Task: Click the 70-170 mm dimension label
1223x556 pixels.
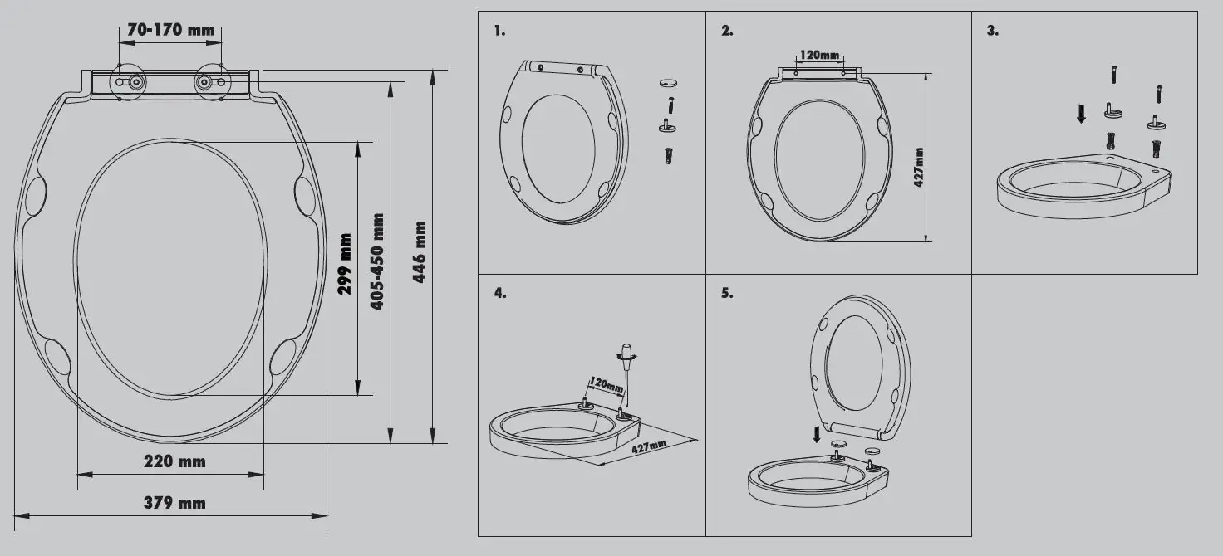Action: [x=170, y=30]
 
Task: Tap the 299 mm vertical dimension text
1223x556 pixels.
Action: [x=345, y=265]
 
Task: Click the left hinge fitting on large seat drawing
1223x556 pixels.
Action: [x=131, y=82]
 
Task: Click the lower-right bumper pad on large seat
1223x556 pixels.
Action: [x=282, y=356]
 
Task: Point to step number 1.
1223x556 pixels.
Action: [x=499, y=31]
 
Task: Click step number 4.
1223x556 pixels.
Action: [x=499, y=293]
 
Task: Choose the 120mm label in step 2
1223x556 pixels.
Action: [x=819, y=56]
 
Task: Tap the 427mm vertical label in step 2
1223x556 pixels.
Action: [x=919, y=167]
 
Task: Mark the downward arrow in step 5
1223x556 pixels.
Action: [x=817, y=433]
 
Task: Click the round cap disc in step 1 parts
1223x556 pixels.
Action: [x=668, y=84]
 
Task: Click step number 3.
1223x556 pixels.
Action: [x=992, y=31]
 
